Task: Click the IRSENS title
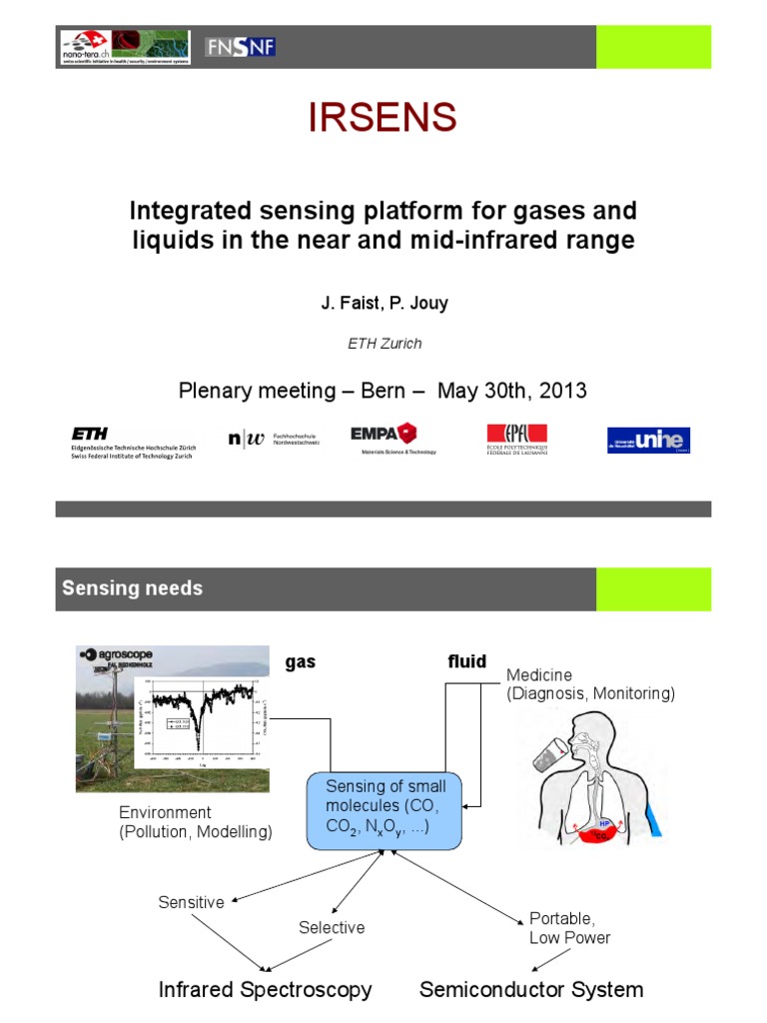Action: [x=383, y=118]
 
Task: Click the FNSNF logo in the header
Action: [x=240, y=46]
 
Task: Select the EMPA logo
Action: [x=383, y=437]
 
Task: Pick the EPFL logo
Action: [x=516, y=439]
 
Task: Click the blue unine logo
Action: [x=648, y=440]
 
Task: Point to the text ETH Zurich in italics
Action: [x=383, y=343]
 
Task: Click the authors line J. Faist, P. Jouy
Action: [x=383, y=303]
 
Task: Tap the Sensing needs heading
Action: [x=132, y=588]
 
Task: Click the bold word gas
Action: [x=301, y=661]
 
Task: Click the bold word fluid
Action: [x=466, y=661]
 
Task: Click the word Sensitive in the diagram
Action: [x=191, y=902]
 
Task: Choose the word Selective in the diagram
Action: [x=332, y=927]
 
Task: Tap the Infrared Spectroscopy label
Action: [x=266, y=990]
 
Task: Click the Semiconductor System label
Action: [x=531, y=990]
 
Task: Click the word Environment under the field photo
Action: [x=165, y=812]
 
